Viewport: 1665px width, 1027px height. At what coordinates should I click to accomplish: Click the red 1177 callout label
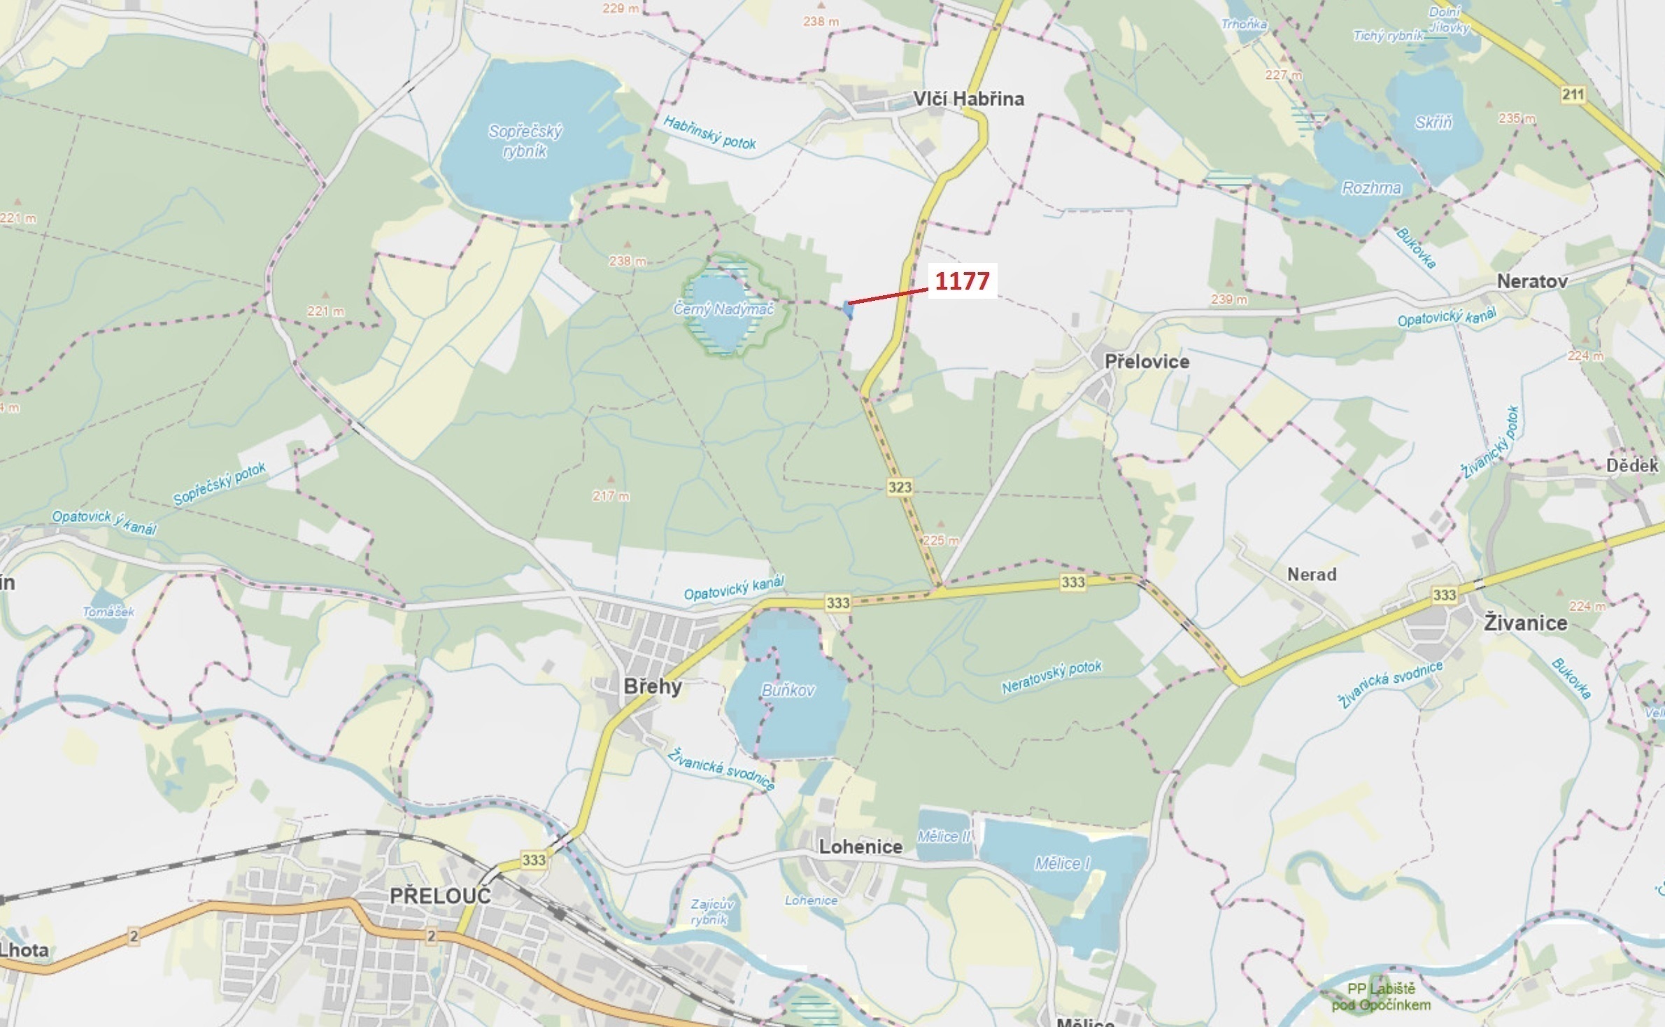tap(962, 281)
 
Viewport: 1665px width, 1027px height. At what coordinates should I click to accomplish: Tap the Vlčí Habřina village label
tap(968, 99)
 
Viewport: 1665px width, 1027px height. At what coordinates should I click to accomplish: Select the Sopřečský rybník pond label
tap(525, 141)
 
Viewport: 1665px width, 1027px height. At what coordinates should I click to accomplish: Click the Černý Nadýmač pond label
tap(723, 309)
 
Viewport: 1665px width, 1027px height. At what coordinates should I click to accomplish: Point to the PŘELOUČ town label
tap(440, 895)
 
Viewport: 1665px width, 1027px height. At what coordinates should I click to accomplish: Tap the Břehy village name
tap(652, 686)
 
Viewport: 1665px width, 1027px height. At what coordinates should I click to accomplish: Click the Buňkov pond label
tap(788, 690)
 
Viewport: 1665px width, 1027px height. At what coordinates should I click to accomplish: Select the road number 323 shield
tap(900, 487)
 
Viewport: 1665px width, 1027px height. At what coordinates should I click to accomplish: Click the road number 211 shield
tap(1573, 94)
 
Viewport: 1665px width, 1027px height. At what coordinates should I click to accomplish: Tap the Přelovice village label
tap(1147, 361)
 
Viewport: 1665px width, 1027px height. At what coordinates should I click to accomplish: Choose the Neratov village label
tap(1532, 281)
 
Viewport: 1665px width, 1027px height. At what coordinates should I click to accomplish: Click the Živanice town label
tap(1525, 623)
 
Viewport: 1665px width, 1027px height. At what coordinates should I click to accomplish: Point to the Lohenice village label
tap(860, 847)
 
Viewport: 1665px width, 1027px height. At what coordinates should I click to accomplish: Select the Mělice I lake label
tap(1062, 863)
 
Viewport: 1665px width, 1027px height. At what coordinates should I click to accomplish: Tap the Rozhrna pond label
tap(1371, 187)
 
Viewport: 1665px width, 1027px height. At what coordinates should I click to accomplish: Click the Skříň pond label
tap(1433, 122)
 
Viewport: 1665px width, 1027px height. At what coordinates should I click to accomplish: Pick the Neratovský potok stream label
tap(1051, 677)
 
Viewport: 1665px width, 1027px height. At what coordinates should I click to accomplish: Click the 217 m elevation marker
tap(611, 495)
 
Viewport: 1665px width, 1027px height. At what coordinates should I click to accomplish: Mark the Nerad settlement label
tap(1312, 574)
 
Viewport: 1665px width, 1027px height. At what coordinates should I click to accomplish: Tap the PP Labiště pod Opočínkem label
tap(1381, 997)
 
